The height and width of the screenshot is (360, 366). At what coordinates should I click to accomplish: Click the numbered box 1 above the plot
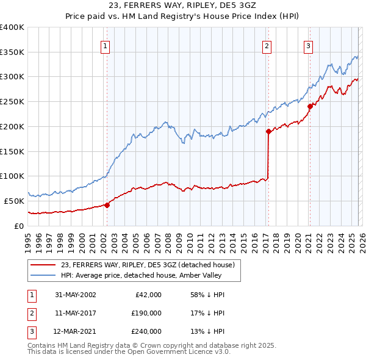pyautogui.click(x=106, y=45)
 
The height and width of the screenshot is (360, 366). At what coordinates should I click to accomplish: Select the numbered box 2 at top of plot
pyautogui.click(x=267, y=45)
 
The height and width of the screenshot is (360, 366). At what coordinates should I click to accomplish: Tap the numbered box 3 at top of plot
pyautogui.click(x=309, y=45)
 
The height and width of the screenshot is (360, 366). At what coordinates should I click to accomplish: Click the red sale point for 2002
pyautogui.click(x=107, y=205)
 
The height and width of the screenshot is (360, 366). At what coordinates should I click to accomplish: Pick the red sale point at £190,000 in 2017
pyautogui.click(x=268, y=131)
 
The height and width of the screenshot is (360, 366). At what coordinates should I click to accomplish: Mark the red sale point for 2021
pyautogui.click(x=310, y=106)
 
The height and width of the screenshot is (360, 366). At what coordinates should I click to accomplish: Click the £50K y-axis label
pyautogui.click(x=15, y=201)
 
